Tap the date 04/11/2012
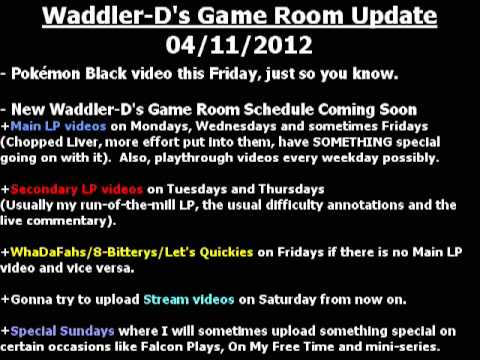coord(240,45)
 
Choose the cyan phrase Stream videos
coord(186,298)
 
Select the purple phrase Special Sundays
coord(59,331)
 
